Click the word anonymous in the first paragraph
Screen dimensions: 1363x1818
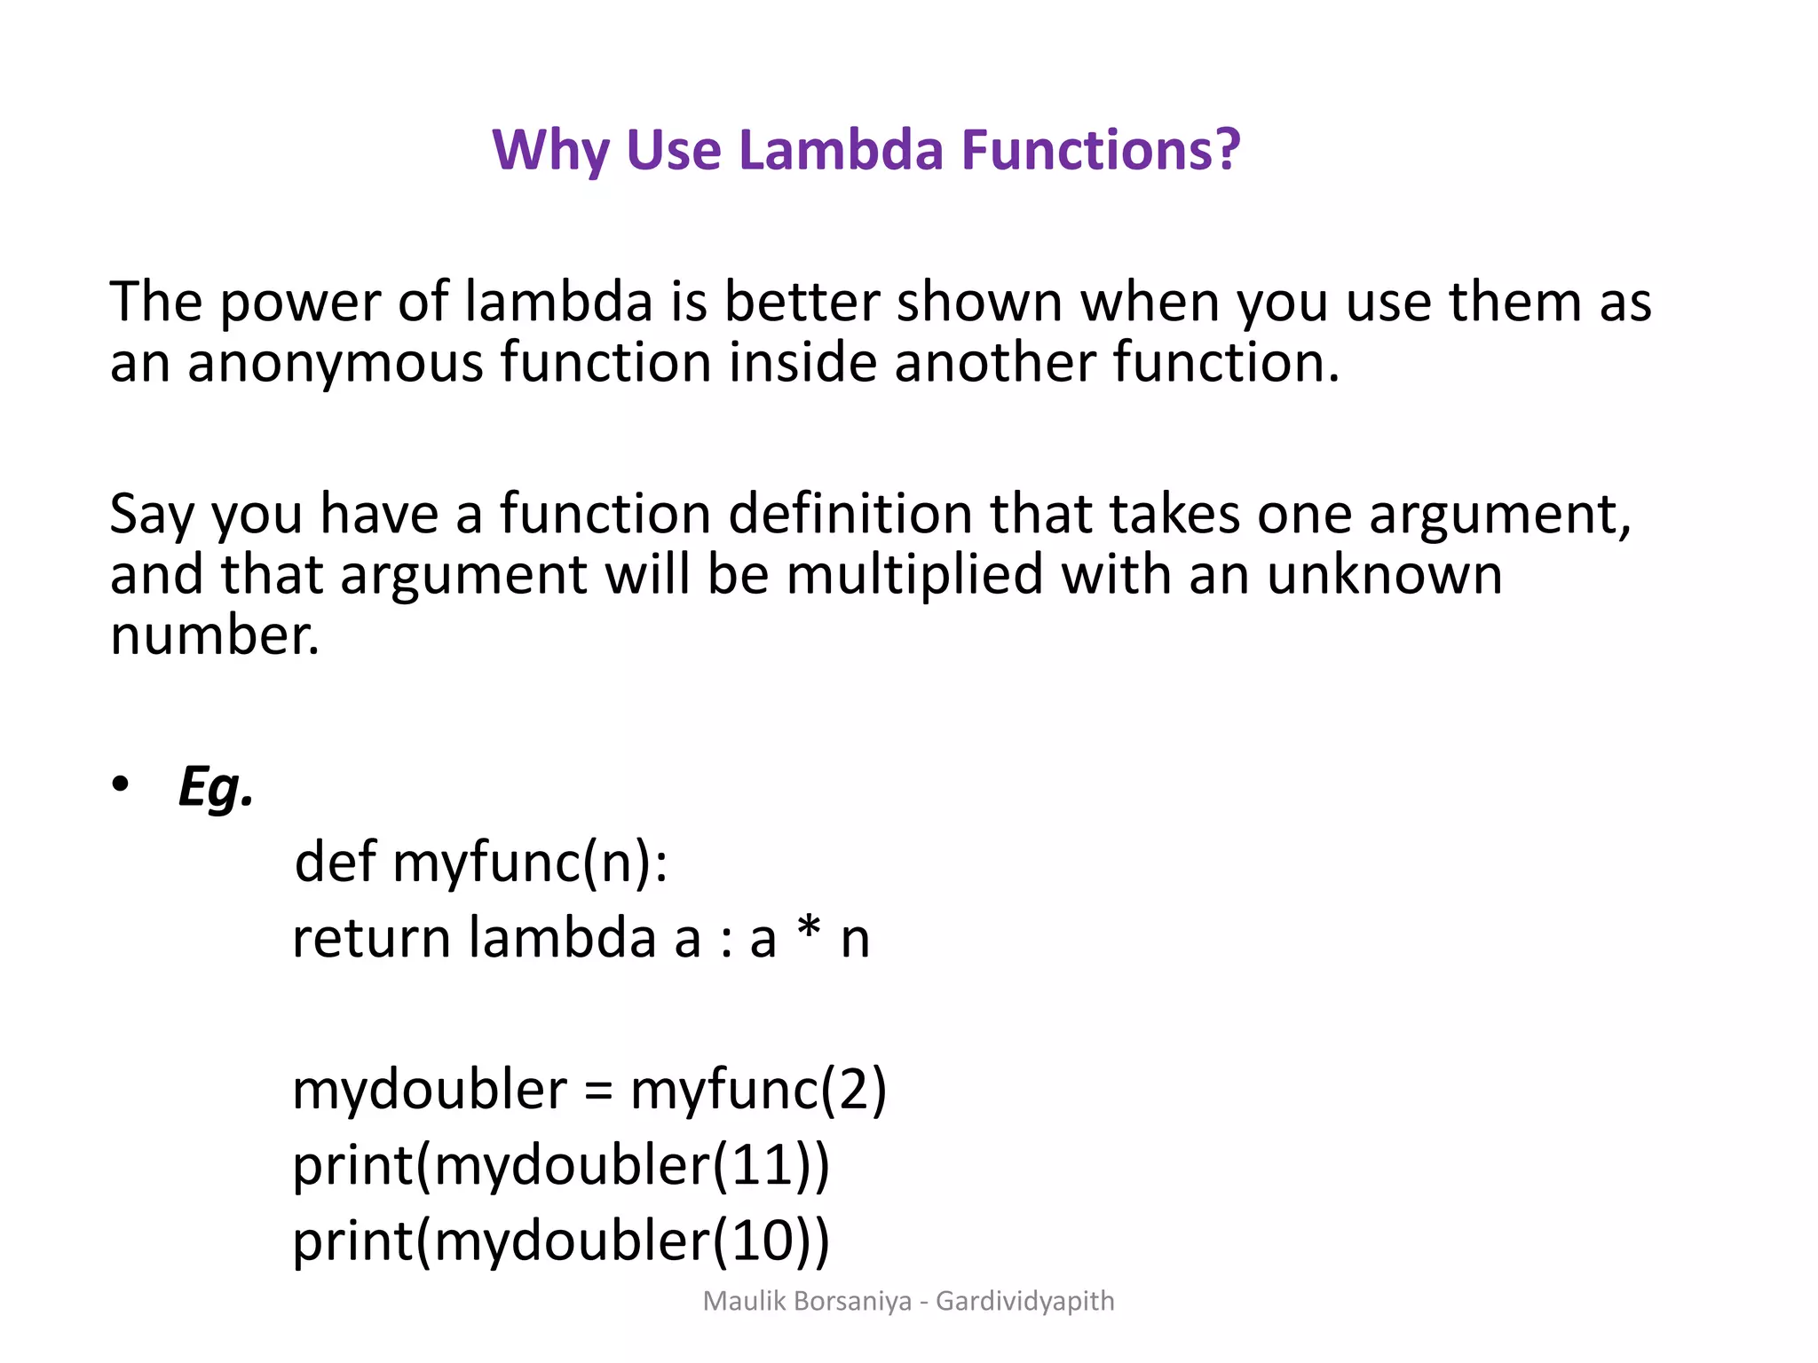click(336, 364)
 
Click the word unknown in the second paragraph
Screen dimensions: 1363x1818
click(1385, 575)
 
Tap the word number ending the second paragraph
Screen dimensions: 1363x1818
click(213, 636)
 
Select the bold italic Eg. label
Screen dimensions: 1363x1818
click(216, 786)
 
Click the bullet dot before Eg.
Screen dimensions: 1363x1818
click(121, 784)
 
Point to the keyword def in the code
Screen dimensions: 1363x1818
click(335, 862)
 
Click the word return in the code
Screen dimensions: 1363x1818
click(371, 939)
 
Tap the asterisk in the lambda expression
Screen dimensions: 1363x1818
click(808, 932)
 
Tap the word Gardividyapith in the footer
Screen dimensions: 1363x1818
click(1025, 1302)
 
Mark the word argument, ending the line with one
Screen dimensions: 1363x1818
click(1499, 515)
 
